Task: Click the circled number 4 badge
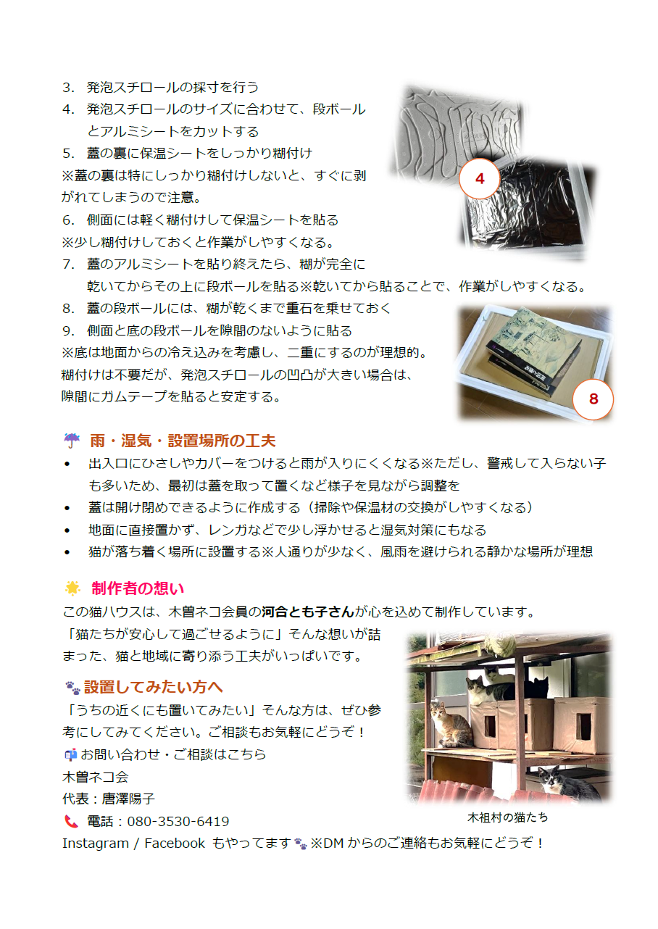click(x=480, y=179)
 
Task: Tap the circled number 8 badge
click(x=593, y=399)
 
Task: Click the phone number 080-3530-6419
click(x=178, y=822)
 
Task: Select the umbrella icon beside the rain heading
click(x=72, y=441)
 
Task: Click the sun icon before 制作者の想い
click(x=72, y=588)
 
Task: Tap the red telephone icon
click(x=71, y=822)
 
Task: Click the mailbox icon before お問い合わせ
click(x=70, y=754)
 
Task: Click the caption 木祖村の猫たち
click(x=507, y=817)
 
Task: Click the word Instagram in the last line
click(x=95, y=843)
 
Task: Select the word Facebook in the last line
click(x=175, y=843)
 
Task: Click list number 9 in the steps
click(x=69, y=331)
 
